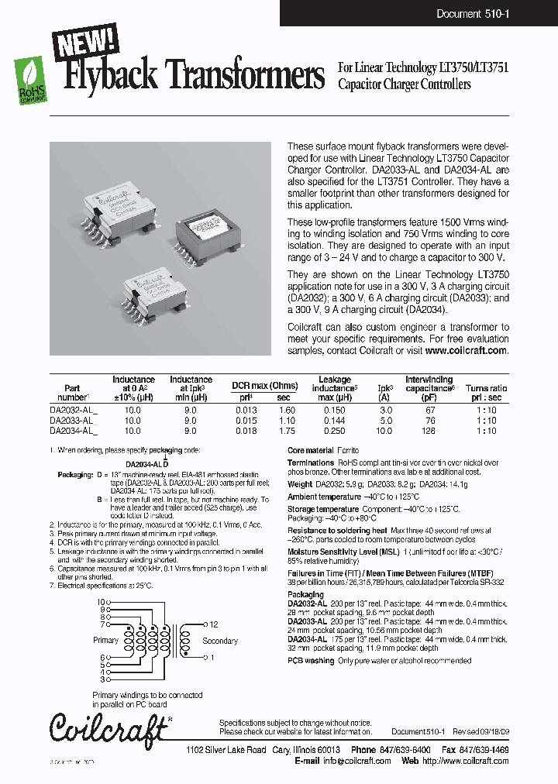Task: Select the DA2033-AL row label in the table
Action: [73, 421]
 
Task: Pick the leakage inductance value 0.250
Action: [335, 431]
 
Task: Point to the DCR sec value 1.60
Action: [287, 411]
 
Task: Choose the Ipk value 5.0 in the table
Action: [384, 421]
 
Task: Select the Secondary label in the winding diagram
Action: [219, 641]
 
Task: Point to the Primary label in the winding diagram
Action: [105, 641]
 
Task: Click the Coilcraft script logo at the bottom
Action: [108, 729]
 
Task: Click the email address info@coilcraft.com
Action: [357, 761]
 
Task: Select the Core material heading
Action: [310, 450]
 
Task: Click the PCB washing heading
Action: [311, 661]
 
